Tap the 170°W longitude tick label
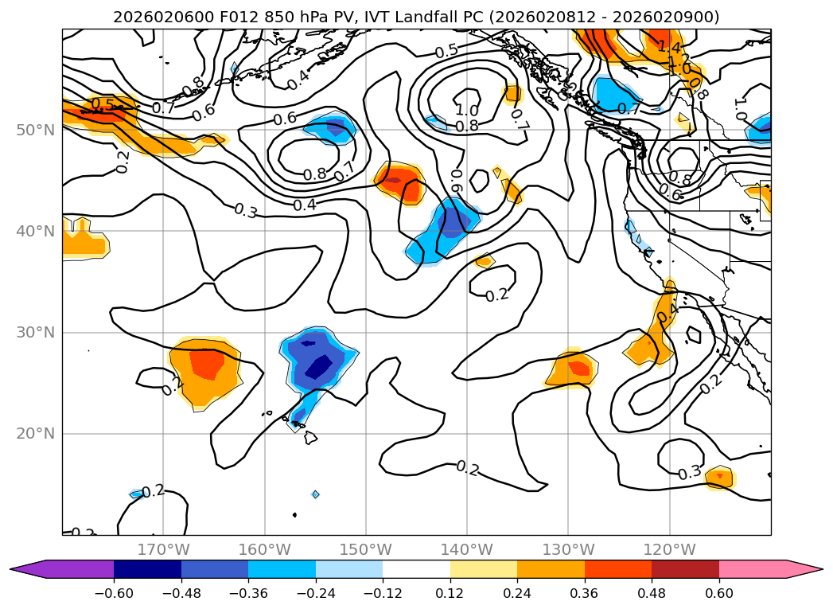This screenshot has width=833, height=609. click(163, 549)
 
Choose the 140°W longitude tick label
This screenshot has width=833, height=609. click(467, 549)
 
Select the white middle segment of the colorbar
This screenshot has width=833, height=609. click(416, 568)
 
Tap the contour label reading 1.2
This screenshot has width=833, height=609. click(678, 61)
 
